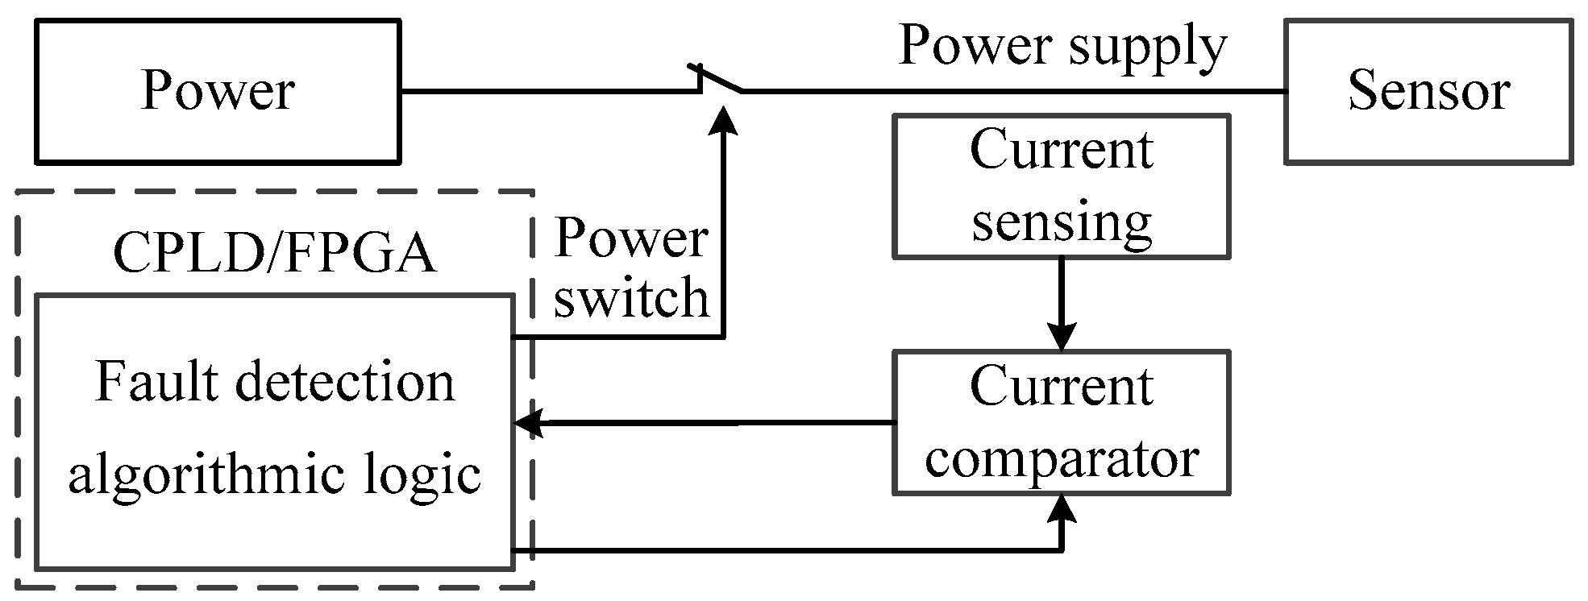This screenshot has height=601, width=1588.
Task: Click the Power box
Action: [218, 91]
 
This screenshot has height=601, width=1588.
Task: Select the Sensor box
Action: [1428, 91]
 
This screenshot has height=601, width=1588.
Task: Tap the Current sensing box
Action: [1061, 186]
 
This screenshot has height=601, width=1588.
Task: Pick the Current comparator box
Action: [1061, 422]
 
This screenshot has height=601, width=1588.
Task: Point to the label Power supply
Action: [1062, 45]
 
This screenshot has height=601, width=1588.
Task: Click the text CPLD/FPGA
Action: [274, 255]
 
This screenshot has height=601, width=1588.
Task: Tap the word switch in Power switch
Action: [630, 298]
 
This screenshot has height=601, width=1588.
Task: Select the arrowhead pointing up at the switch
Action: [725, 119]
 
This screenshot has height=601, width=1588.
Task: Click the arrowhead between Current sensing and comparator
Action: [1062, 336]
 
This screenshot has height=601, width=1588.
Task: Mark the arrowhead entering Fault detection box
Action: [528, 423]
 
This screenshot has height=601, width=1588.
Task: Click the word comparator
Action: [1062, 459]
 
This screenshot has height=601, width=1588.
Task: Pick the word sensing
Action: [1062, 222]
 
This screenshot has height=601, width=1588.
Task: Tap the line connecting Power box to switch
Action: [548, 92]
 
